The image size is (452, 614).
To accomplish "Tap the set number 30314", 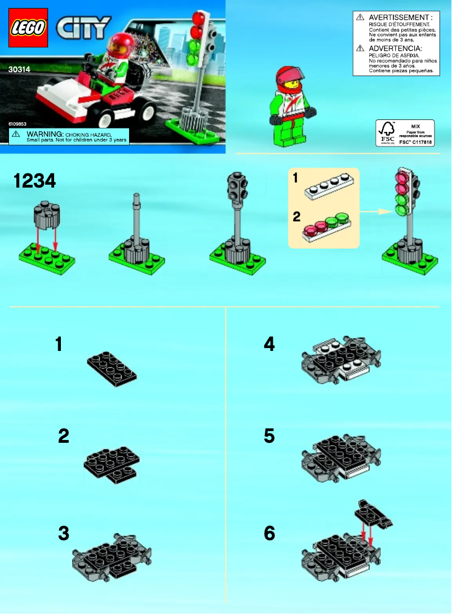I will point(20,70).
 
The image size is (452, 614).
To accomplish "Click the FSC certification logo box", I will point(405,133).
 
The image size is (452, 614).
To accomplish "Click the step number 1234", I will point(34,181).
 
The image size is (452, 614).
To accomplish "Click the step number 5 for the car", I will point(269,436).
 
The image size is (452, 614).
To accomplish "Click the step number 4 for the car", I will point(269,344).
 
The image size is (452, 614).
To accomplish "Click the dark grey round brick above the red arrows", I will point(47,212).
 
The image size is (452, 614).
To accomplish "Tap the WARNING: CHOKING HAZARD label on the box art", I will point(69,136).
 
